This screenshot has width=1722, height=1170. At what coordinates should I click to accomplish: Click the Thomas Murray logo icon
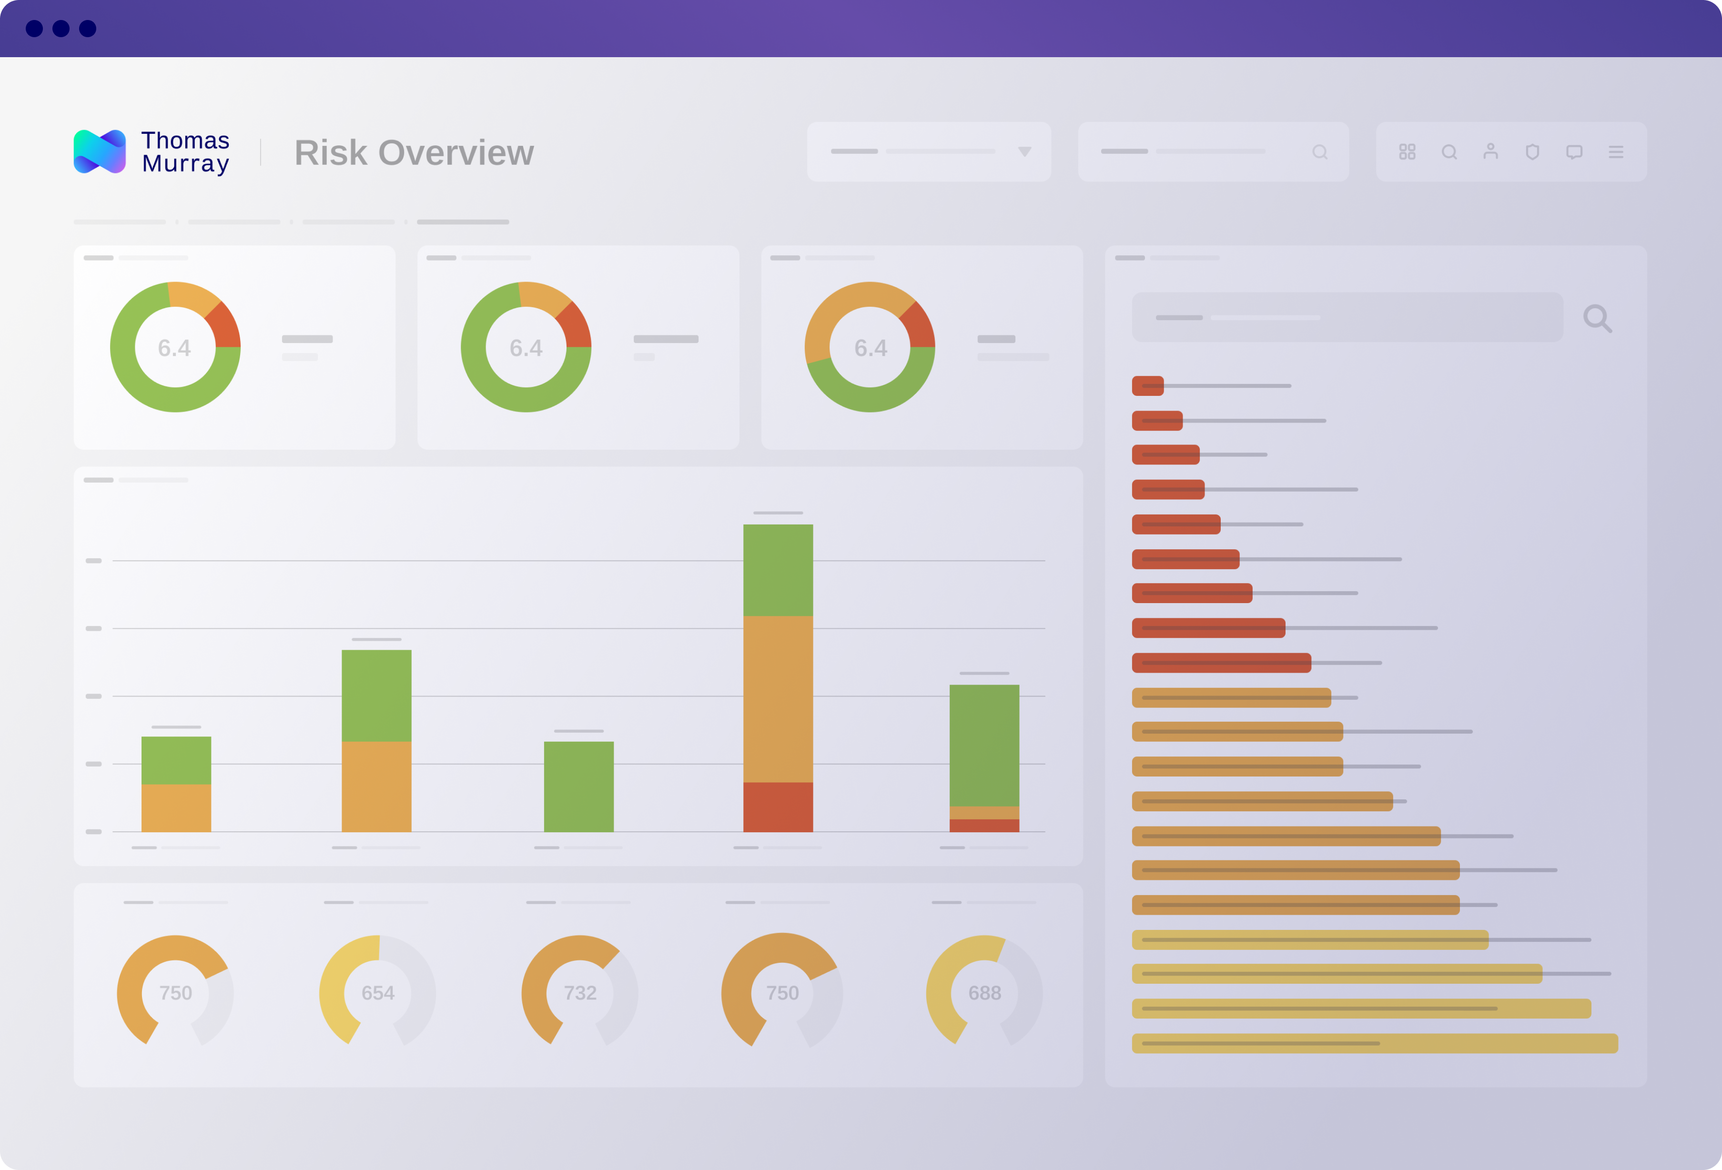pyautogui.click(x=99, y=152)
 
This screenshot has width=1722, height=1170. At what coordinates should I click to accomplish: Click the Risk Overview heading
pyautogui.click(x=414, y=152)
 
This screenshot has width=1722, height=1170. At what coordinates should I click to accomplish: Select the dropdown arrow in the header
pyautogui.click(x=1025, y=152)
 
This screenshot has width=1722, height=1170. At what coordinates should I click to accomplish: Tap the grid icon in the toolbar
pyautogui.click(x=1407, y=152)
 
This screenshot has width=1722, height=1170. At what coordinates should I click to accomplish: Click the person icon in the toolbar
pyautogui.click(x=1491, y=152)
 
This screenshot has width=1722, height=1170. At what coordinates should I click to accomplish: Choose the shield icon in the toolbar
pyautogui.click(x=1532, y=152)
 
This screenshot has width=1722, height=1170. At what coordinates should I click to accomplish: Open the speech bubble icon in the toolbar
pyautogui.click(x=1575, y=152)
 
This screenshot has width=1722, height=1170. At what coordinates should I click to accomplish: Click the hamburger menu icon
pyautogui.click(x=1616, y=152)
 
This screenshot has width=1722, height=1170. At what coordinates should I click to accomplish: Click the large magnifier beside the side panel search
pyautogui.click(x=1597, y=319)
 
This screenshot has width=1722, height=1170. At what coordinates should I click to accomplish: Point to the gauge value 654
pyautogui.click(x=378, y=993)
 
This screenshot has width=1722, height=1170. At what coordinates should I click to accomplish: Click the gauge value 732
pyautogui.click(x=580, y=993)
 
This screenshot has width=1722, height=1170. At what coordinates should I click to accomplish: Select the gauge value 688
pyautogui.click(x=985, y=993)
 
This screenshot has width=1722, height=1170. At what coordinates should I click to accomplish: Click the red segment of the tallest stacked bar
pyautogui.click(x=778, y=807)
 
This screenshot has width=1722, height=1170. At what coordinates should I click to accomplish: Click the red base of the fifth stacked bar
pyautogui.click(x=984, y=826)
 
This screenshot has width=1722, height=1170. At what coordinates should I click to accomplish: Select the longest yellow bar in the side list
pyautogui.click(x=1375, y=1043)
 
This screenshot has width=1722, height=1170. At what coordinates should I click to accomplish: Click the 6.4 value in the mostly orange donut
pyautogui.click(x=871, y=348)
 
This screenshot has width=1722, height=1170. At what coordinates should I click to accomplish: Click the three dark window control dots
pyautogui.click(x=61, y=28)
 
